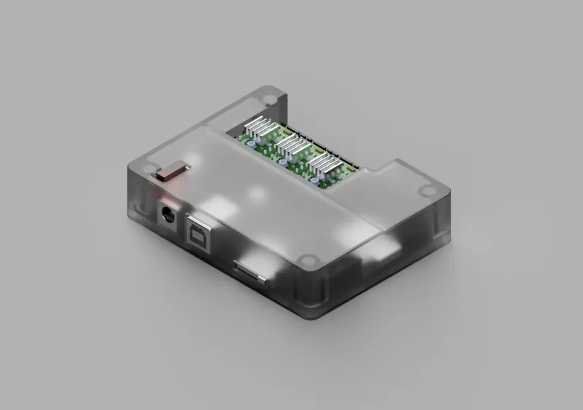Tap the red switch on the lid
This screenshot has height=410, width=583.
[x=170, y=173]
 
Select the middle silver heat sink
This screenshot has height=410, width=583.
[x=292, y=148]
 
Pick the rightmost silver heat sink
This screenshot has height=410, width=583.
[x=325, y=167]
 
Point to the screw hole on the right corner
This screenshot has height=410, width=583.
[x=428, y=192]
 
